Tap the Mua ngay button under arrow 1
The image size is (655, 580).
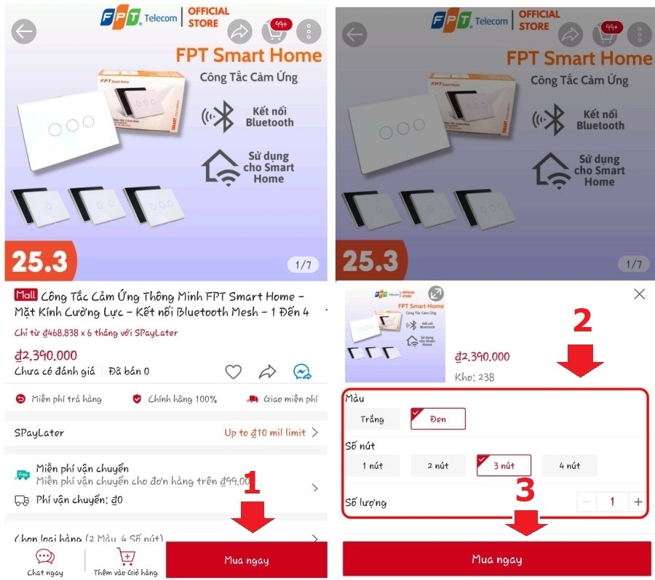(246, 560)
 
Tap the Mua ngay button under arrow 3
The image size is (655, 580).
(497, 560)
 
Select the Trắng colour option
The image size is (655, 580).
(371, 419)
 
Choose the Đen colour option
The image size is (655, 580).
(437, 419)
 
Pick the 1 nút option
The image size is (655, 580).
(372, 465)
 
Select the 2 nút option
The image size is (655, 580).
(437, 465)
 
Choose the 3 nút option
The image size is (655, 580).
(504, 465)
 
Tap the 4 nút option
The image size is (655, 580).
(569, 465)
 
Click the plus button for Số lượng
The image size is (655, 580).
(638, 502)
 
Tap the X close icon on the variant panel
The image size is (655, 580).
(639, 294)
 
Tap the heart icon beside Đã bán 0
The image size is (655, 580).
(233, 372)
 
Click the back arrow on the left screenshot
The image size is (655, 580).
(24, 31)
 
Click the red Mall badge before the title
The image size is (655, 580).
(25, 296)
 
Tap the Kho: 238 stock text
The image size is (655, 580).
(474, 377)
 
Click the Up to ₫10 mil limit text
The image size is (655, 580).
(265, 432)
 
